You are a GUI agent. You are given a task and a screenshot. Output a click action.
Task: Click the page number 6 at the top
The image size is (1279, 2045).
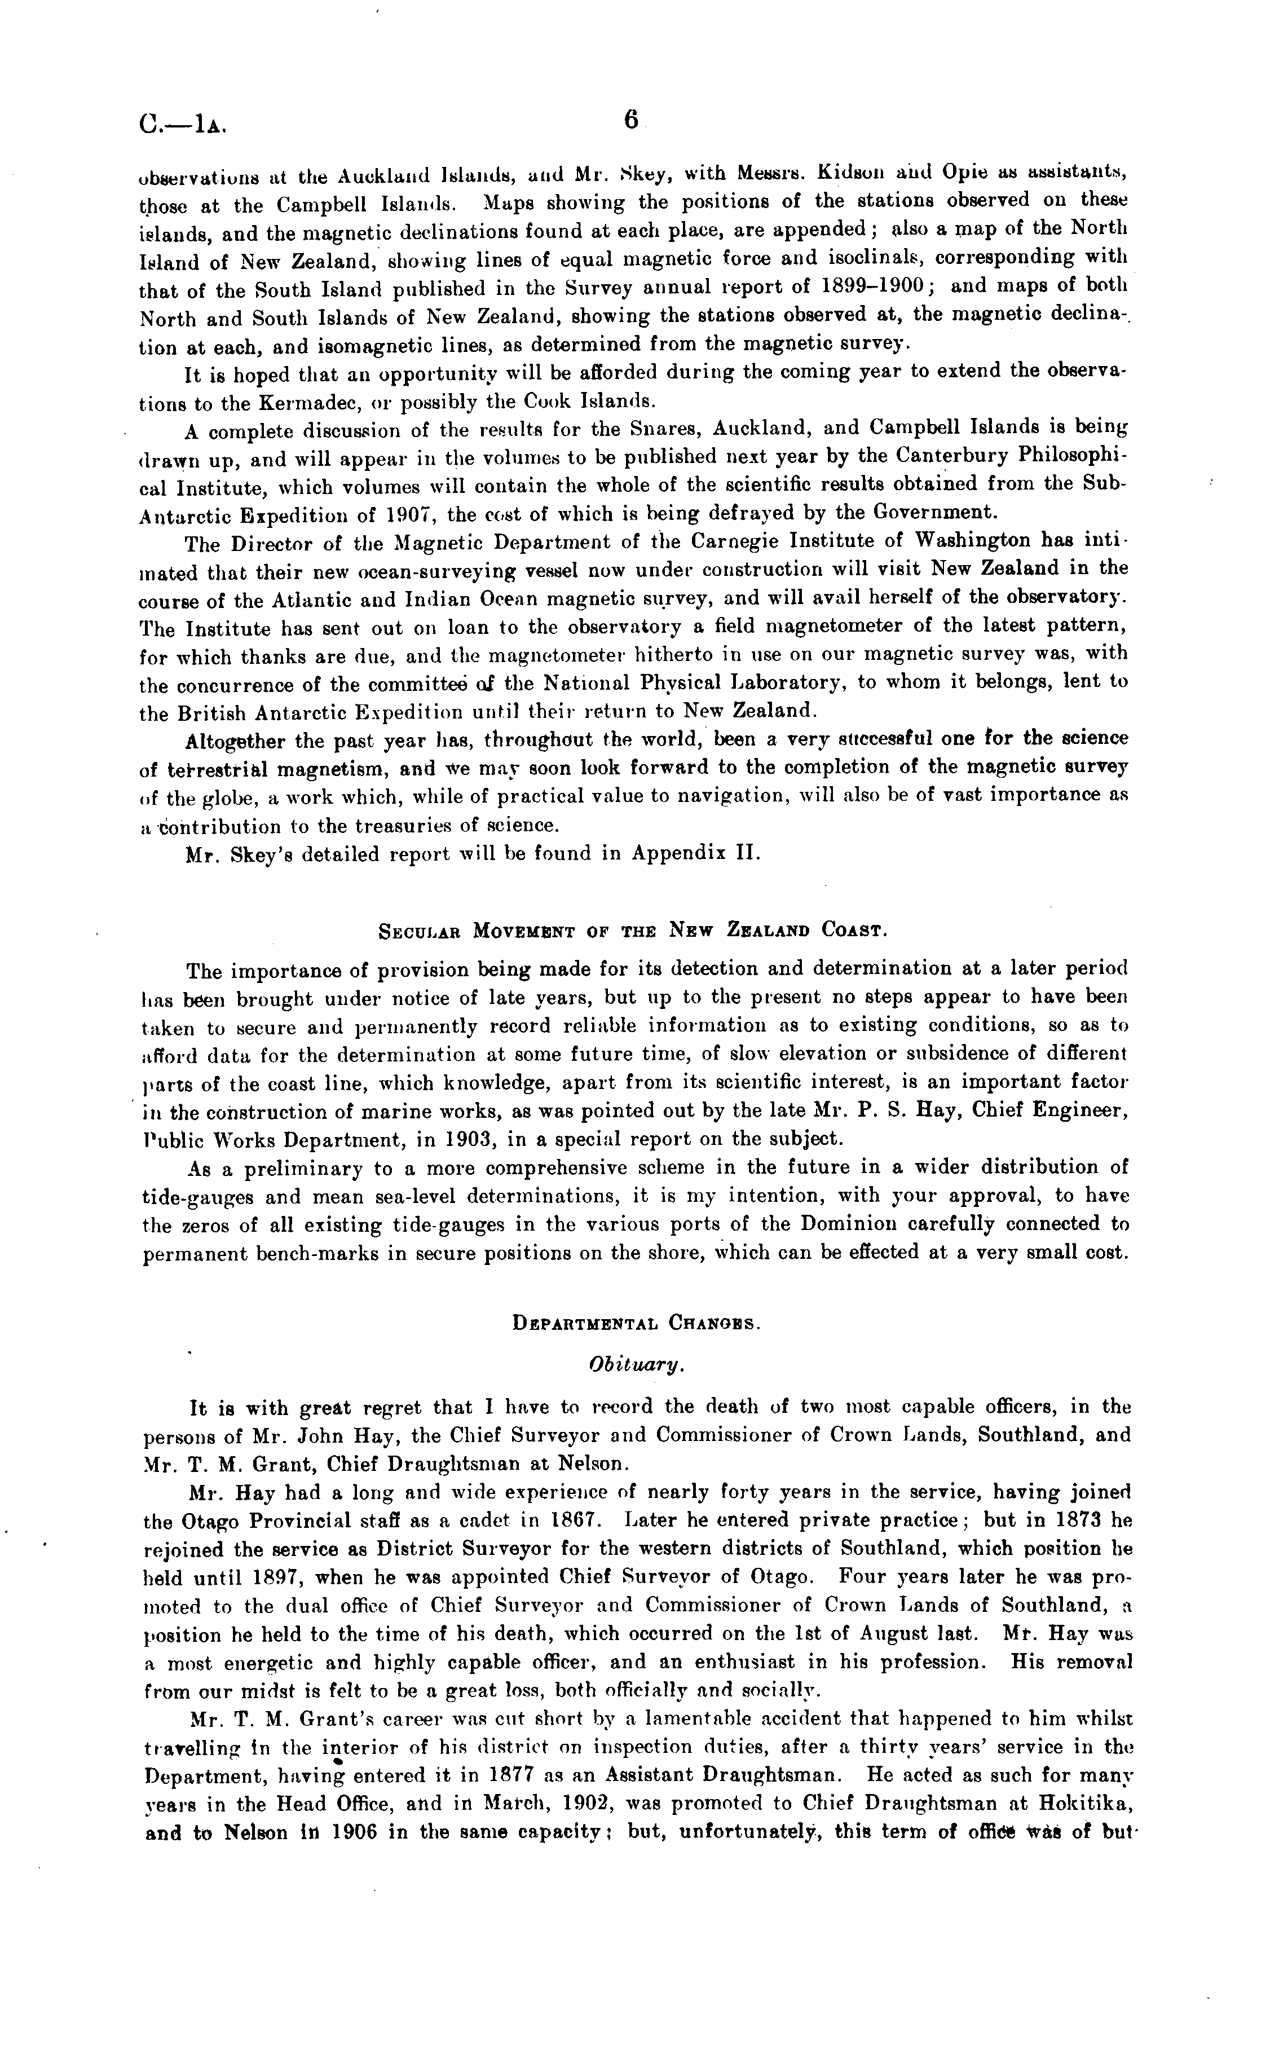(x=631, y=121)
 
